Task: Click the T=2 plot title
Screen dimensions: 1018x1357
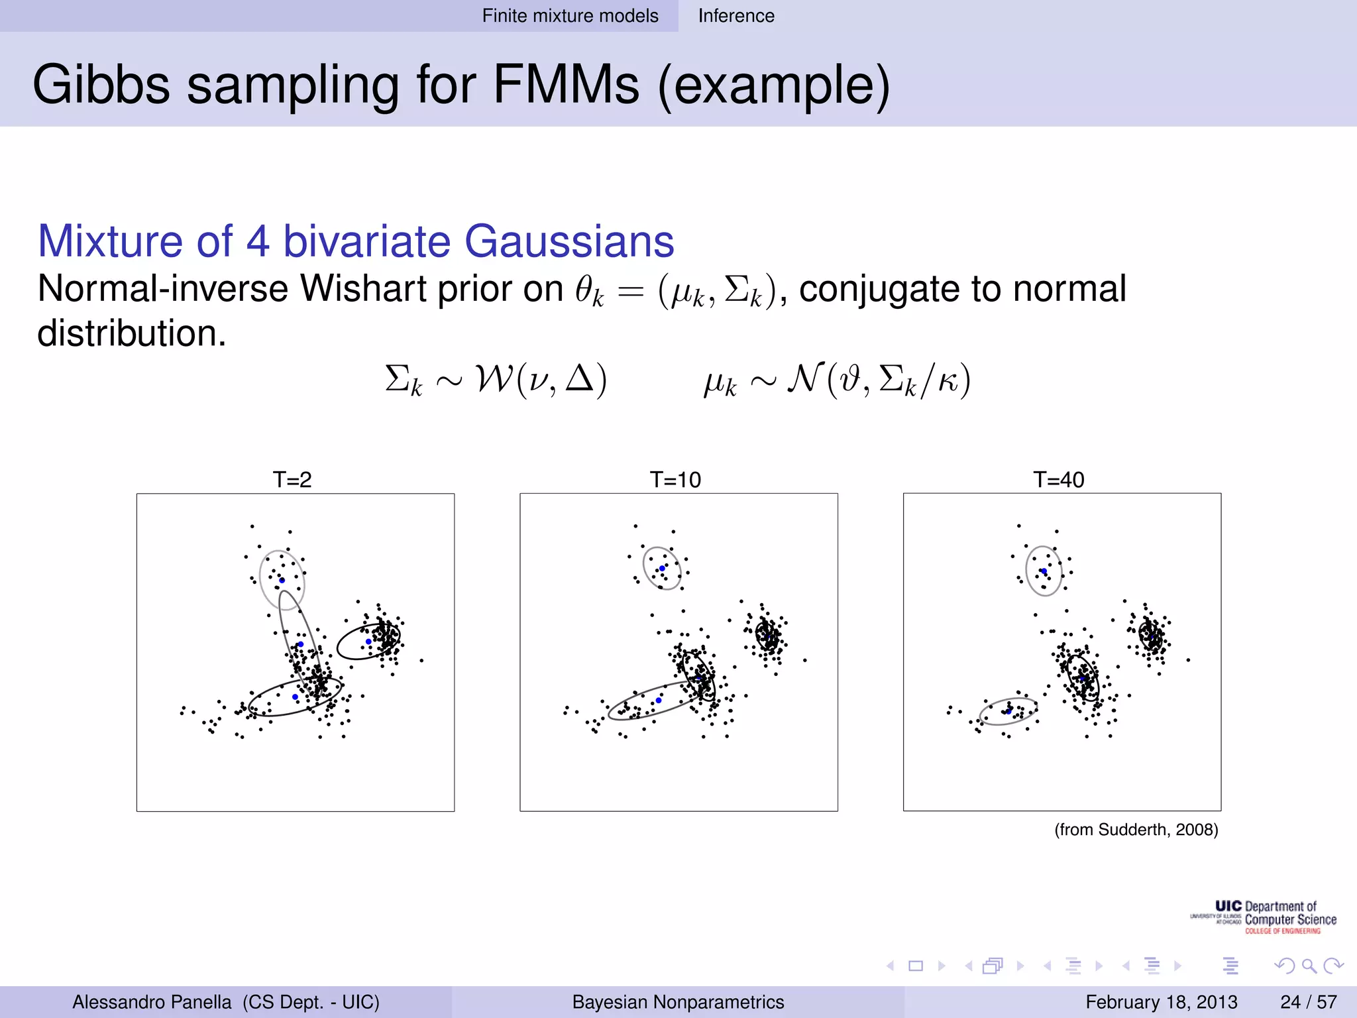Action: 292,479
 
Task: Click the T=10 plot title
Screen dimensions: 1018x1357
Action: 675,479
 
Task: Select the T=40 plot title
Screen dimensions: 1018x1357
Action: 1058,479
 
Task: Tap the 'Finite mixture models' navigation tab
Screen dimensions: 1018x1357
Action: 570,16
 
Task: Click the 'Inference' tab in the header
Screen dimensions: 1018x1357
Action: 735,16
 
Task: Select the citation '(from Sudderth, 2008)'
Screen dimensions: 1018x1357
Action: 1136,830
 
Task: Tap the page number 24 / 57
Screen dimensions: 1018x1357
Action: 1308,1001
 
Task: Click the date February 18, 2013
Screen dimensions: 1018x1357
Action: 1161,1001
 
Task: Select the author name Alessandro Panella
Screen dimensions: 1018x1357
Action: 152,1001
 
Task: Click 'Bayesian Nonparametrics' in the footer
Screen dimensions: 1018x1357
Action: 678,1001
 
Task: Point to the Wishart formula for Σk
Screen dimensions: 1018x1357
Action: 496,380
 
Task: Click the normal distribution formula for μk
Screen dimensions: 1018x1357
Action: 837,380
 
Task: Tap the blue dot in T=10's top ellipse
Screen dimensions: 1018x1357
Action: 662,569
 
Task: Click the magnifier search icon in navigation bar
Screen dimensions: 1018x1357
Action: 1308,966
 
